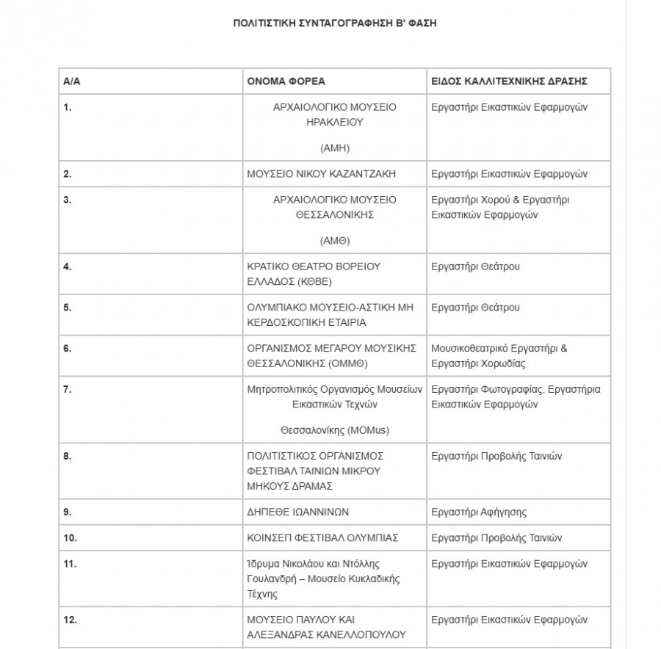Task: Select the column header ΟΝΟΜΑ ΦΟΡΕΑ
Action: pyautogui.click(x=286, y=81)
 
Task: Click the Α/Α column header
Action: pyautogui.click(x=71, y=81)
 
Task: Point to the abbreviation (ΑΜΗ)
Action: pyautogui.click(x=334, y=148)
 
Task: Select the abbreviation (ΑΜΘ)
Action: pyautogui.click(x=334, y=241)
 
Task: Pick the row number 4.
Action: pyautogui.click(x=68, y=267)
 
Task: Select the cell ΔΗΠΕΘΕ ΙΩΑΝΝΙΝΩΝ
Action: pyautogui.click(x=297, y=512)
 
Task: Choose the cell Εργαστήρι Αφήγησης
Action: pyautogui.click(x=479, y=512)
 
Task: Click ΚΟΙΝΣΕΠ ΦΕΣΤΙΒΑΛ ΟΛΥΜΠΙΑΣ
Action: pyautogui.click(x=322, y=537)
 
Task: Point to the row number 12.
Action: pyautogui.click(x=70, y=620)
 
